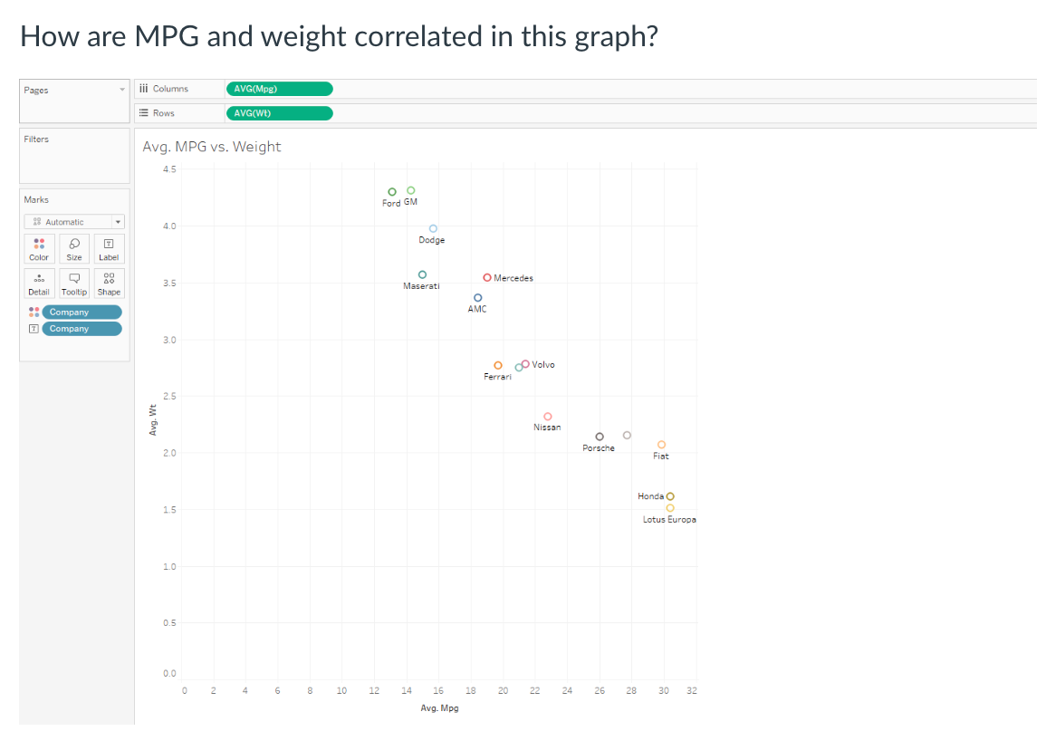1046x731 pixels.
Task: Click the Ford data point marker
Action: [392, 192]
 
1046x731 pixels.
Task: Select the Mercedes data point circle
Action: [487, 278]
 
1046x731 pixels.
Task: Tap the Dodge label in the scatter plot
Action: [431, 240]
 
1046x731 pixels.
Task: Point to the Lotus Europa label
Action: [669, 520]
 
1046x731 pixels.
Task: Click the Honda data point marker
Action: [670, 496]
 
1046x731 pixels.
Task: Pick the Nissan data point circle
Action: [548, 417]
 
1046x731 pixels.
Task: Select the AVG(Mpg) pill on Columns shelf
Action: [279, 89]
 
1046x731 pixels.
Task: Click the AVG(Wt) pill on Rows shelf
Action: [279, 113]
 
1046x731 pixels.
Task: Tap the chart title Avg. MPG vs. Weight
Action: [212, 147]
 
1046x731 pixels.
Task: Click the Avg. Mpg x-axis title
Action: [440, 707]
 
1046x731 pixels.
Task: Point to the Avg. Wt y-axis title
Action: [153, 418]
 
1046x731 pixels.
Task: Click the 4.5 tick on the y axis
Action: [170, 169]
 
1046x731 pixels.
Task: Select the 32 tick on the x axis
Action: [692, 691]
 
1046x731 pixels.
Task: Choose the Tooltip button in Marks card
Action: [74, 283]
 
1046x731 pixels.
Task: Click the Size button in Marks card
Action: [74, 248]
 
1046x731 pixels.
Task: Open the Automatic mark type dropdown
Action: [75, 222]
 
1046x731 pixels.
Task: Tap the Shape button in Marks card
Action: [109, 283]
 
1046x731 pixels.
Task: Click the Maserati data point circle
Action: [422, 274]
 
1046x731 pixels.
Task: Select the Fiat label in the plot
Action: [661, 457]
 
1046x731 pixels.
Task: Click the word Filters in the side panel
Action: [37, 139]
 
